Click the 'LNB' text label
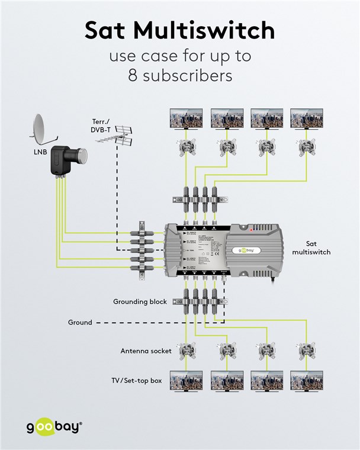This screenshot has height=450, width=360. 40,152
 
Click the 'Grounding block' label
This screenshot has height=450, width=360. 140,301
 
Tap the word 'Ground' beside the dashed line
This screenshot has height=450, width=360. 80,323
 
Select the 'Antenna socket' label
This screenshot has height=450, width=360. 146,351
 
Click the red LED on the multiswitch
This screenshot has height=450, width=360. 252,229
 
